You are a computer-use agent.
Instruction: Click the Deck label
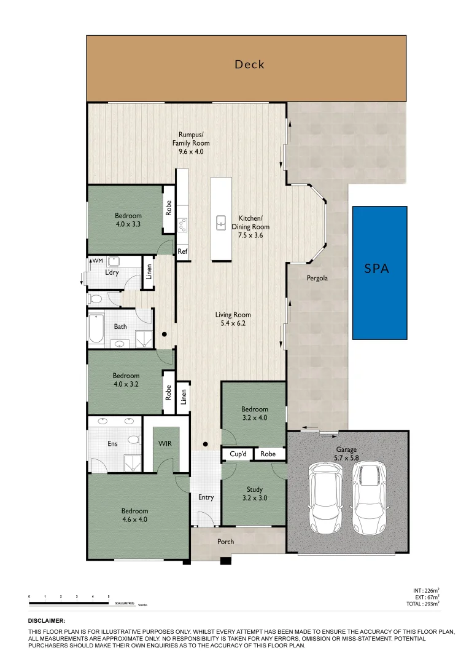[249, 64]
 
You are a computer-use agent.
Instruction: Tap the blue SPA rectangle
[379, 272]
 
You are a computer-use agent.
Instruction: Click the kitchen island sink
[221, 223]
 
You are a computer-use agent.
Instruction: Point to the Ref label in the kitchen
[182, 251]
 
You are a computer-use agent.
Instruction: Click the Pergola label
[317, 278]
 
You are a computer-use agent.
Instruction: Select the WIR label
[165, 443]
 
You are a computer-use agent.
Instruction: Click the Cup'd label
[238, 454]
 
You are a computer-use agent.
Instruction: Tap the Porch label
[226, 542]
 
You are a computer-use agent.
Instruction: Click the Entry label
[206, 497]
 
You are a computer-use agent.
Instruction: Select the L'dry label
[112, 272]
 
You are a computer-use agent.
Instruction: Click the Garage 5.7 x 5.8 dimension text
[346, 458]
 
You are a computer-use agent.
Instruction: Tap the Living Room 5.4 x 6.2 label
[233, 319]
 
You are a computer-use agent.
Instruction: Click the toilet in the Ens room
[133, 440]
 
